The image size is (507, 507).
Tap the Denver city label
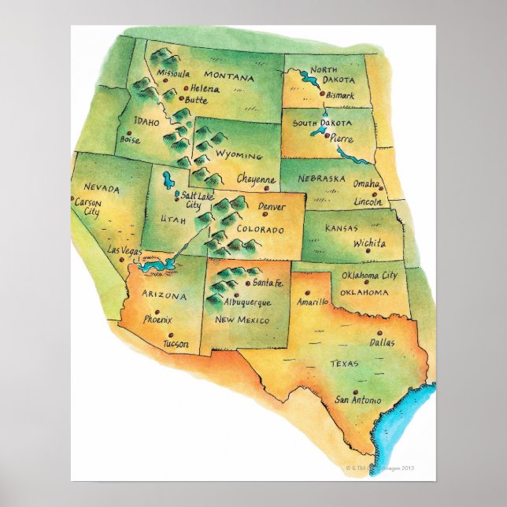pos(272,207)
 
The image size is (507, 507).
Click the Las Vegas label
pos(124,250)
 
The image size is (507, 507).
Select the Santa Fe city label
pos(268,283)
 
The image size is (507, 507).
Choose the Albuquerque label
pos(247,302)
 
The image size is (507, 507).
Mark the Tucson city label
pos(176,344)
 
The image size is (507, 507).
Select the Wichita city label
pos(369,243)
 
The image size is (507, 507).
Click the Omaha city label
pos(365,183)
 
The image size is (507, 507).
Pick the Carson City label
pos(87,207)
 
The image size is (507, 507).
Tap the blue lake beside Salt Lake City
pos(167,180)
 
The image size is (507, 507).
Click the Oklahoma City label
pos(369,276)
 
